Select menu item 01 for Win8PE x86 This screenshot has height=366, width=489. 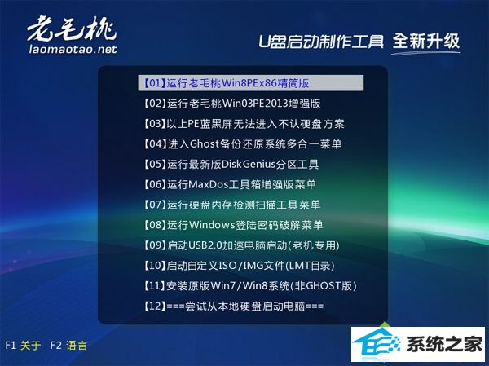point(227,83)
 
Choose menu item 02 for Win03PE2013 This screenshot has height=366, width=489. point(232,104)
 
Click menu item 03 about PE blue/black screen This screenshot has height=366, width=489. point(244,124)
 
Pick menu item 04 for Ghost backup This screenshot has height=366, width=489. point(242,143)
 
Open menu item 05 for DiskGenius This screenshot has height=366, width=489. point(231,164)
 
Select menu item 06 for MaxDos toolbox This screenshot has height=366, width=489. point(230,184)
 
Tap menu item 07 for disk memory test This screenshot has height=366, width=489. point(231,205)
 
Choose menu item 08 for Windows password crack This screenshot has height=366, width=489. point(233,225)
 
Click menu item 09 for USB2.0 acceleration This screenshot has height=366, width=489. point(241,245)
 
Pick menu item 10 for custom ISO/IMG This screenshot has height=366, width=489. point(239,266)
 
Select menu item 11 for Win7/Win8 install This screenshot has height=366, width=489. point(250,286)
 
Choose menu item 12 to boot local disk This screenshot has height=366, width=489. point(233,306)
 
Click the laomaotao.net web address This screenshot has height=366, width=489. point(73,49)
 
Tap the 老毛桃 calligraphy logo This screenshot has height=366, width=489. point(72,28)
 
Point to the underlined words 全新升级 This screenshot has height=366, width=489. point(426,42)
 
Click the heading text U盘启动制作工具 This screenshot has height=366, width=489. point(321,42)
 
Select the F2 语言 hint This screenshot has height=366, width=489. point(68,346)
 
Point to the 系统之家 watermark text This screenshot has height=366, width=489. point(445,345)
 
